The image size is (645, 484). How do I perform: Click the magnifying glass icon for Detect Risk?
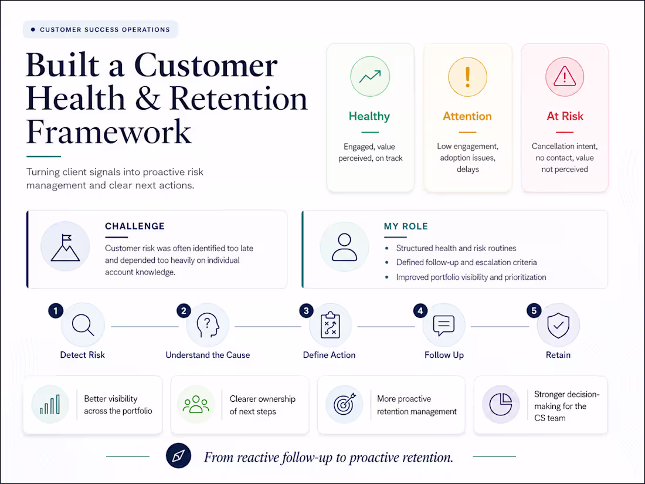[x=83, y=325]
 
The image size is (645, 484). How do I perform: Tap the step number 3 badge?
[x=306, y=311]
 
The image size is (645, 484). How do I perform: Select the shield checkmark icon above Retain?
[x=558, y=325]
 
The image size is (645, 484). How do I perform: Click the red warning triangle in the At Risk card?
[x=564, y=76]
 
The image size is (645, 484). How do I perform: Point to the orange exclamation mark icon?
[x=467, y=77]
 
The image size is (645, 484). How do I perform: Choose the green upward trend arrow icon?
[x=370, y=76]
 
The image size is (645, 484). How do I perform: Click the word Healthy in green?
[x=369, y=117]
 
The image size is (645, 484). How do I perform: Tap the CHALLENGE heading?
[x=134, y=226]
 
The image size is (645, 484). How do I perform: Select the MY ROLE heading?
[x=406, y=226]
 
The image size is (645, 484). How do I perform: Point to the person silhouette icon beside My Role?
[x=344, y=247]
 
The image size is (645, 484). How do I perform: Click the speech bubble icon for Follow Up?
[x=443, y=326]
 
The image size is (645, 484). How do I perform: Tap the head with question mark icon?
[x=208, y=325]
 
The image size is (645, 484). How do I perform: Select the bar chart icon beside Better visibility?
[x=50, y=404]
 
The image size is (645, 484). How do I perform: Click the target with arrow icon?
[x=344, y=404]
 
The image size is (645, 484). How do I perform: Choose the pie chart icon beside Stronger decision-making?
[x=501, y=404]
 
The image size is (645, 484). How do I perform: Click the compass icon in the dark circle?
[x=178, y=456]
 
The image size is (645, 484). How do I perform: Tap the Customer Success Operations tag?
[x=100, y=30]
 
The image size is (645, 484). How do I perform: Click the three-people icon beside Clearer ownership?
[x=196, y=404]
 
